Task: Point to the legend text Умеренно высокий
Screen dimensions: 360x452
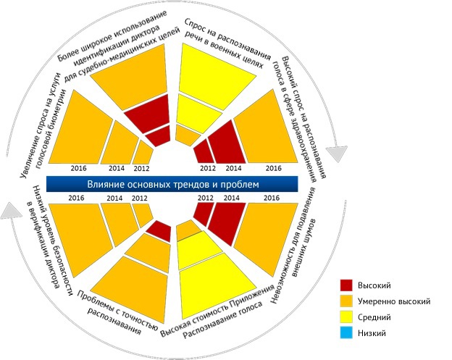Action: (400, 301)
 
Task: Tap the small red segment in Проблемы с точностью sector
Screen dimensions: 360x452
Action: (159, 230)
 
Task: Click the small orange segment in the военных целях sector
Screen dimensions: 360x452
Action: (188, 135)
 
